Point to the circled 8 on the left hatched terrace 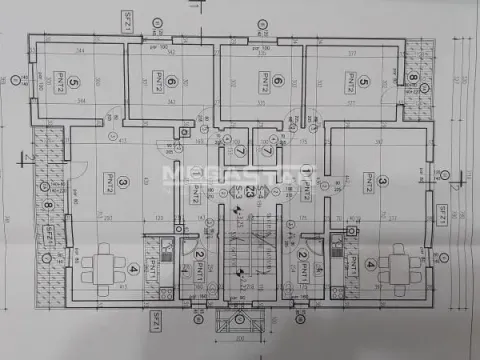point(49,209)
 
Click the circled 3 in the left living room point(121,183)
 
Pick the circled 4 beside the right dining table point(371,265)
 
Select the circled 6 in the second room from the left point(171,83)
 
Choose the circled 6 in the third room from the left point(277,83)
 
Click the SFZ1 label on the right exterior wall point(440,215)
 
